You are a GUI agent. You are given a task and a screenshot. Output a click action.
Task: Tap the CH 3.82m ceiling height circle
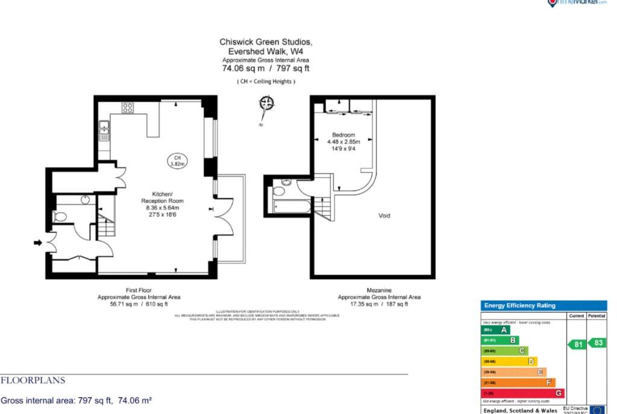pos(177,160)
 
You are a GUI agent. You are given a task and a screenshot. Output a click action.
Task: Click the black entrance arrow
pos(38,243)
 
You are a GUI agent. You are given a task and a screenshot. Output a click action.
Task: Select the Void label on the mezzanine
pos(384,215)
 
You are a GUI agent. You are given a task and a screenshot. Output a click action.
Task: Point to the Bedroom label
pos(343,134)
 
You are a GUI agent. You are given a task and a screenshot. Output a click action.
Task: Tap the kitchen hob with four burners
pos(128,108)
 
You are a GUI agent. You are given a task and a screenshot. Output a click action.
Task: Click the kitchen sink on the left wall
pos(104,127)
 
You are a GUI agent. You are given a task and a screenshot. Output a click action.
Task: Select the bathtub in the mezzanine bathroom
pos(292,207)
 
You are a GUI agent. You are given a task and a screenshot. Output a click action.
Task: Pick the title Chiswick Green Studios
pos(266,42)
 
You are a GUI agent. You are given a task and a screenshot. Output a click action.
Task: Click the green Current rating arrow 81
pos(577,344)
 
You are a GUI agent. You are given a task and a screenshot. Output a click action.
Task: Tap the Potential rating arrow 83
pos(597,342)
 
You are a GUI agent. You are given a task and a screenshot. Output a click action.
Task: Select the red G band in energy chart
pos(522,393)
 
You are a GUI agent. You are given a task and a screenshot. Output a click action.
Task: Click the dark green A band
pos(496,330)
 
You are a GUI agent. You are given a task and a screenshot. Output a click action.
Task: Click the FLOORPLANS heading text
pos(33,381)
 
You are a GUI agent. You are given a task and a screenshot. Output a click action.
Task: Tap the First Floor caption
pos(139,290)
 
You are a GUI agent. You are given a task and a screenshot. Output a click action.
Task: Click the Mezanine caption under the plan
pos(379,290)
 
